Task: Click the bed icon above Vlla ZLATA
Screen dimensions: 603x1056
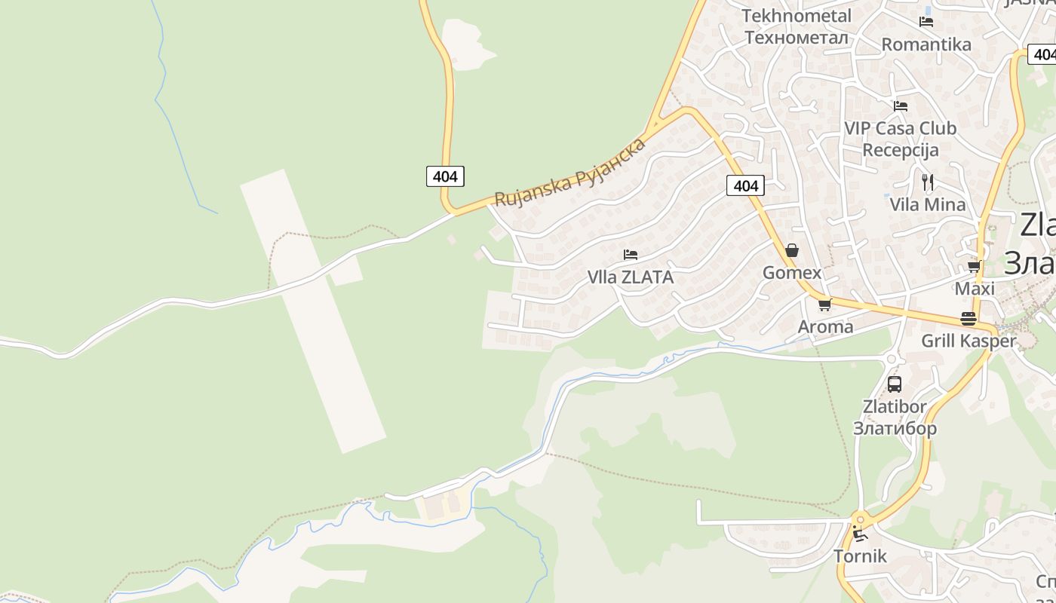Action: (631, 255)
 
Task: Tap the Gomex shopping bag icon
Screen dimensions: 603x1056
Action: (792, 250)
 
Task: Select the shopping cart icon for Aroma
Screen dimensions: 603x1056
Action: (824, 305)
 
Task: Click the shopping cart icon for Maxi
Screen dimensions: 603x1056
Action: (974, 267)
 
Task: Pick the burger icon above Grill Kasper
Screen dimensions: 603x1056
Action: (969, 319)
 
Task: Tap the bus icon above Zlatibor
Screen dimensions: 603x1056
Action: (895, 384)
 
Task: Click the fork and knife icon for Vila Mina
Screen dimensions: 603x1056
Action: (928, 182)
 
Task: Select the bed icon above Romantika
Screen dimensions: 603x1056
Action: (926, 22)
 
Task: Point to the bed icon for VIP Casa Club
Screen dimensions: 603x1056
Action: (900, 106)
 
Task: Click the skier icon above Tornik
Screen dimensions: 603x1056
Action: (860, 534)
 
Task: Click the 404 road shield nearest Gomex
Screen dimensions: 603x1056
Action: (745, 185)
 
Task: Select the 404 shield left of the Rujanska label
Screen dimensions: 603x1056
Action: (445, 176)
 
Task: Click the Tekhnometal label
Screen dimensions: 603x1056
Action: (797, 16)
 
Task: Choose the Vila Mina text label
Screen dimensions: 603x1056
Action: (927, 204)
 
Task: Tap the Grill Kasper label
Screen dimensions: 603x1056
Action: (969, 341)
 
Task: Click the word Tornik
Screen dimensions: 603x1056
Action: (860, 556)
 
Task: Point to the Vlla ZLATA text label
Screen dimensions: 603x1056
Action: (631, 277)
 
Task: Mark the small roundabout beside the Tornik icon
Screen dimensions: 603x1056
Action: (860, 519)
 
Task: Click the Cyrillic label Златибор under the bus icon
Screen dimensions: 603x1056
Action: (895, 428)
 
